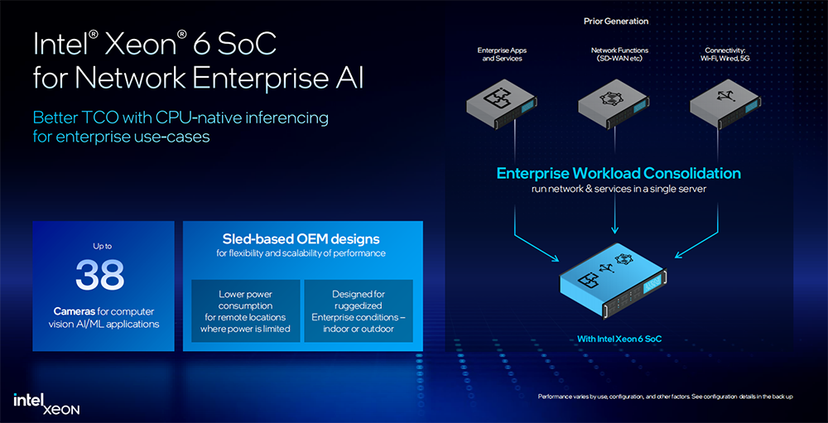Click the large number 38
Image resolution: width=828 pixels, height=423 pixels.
[x=100, y=276]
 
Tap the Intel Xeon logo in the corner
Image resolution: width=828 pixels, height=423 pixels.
[x=46, y=403]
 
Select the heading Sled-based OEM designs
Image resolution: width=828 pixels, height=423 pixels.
[x=302, y=238]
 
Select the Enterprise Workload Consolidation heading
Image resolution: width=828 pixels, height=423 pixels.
[x=619, y=174]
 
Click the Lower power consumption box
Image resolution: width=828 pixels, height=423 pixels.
[x=245, y=311]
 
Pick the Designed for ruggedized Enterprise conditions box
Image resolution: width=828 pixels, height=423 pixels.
[x=358, y=311]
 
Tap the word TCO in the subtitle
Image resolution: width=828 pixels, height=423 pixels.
[x=99, y=118]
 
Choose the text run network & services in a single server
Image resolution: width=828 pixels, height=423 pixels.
[x=619, y=190]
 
